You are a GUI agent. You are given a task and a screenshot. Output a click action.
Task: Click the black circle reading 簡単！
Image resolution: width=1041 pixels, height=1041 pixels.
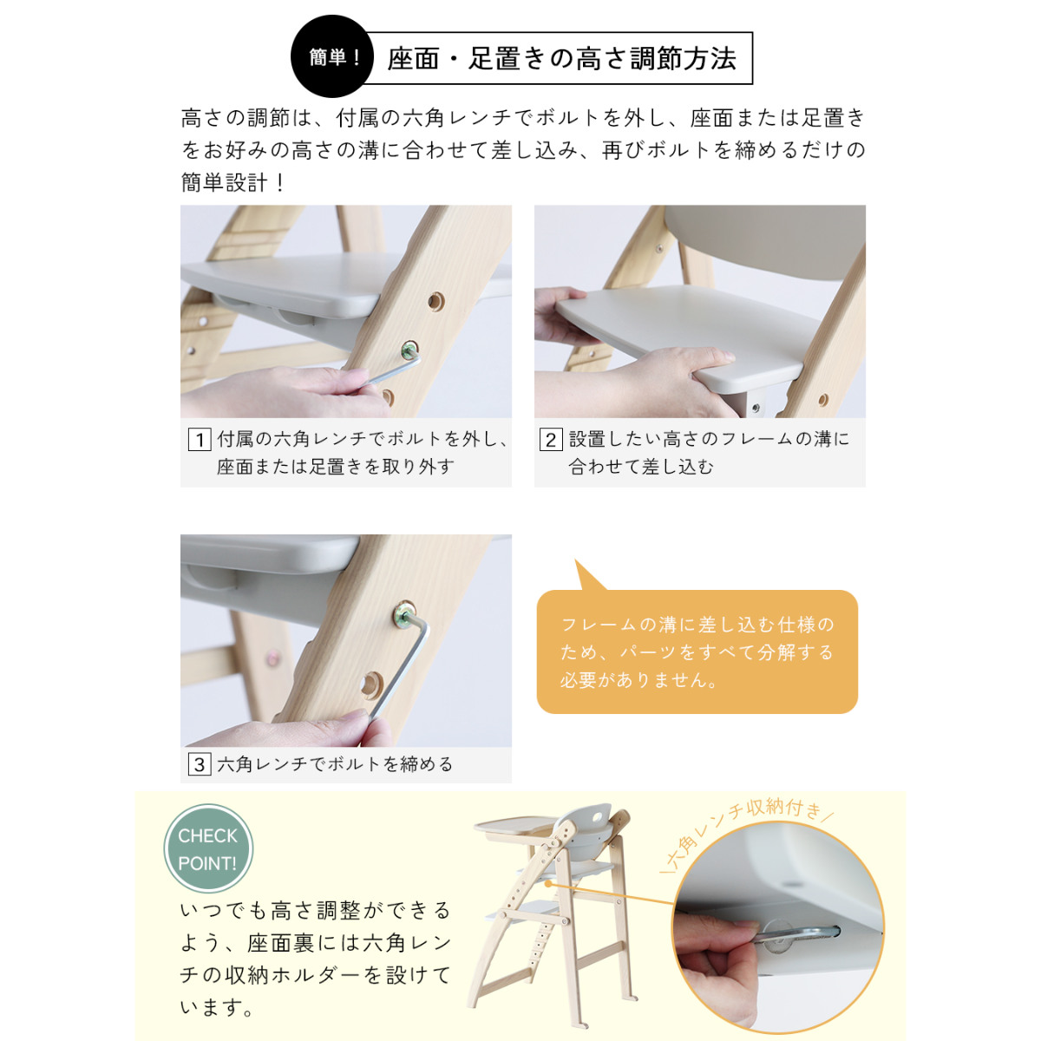tap(331, 56)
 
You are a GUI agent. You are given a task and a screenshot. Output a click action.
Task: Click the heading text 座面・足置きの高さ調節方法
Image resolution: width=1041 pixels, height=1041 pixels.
tap(562, 58)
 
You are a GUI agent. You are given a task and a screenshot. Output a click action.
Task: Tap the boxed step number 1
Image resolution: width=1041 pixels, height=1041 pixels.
tap(200, 439)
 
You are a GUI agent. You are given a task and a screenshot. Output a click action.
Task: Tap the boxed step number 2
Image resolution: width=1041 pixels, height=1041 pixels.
tap(551, 439)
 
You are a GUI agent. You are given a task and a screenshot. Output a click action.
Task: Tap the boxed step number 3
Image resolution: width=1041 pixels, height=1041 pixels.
tap(200, 764)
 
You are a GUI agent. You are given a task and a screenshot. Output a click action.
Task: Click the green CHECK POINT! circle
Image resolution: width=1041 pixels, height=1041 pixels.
tap(208, 848)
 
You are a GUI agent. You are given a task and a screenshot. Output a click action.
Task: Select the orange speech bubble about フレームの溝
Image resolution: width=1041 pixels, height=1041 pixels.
tap(697, 650)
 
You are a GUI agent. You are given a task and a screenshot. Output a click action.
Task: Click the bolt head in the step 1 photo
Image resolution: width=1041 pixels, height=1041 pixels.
tap(410, 350)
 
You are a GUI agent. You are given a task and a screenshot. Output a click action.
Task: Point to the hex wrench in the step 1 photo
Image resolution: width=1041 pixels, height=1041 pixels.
tap(390, 367)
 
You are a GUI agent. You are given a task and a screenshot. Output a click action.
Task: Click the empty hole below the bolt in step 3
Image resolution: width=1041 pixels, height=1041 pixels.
tap(371, 685)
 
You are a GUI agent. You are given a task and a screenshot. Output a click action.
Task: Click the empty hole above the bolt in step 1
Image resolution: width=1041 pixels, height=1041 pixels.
tap(436, 301)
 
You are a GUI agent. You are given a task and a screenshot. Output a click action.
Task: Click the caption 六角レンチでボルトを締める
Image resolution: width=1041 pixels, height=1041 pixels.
tap(335, 764)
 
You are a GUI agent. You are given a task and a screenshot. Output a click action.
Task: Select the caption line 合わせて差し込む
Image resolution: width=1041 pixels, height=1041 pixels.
tap(641, 467)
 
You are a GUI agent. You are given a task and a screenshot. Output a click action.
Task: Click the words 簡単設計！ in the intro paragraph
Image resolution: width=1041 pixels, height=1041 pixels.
tap(232, 182)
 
